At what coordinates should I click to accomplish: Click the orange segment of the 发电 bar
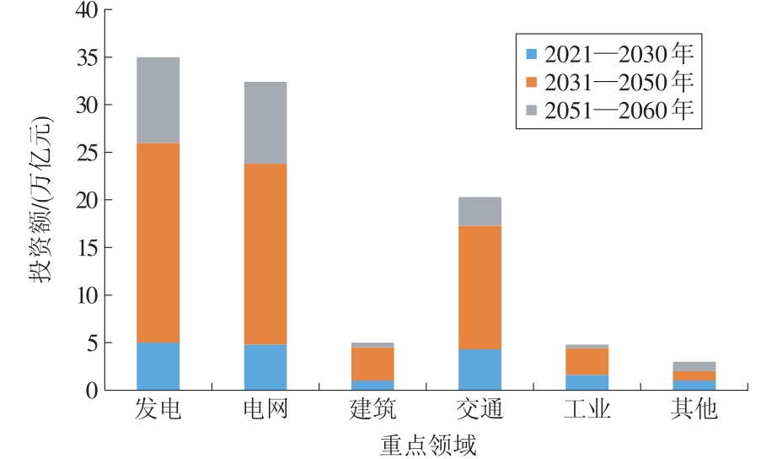(158, 243)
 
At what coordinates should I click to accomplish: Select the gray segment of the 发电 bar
(158, 100)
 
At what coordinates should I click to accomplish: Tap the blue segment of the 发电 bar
(158, 366)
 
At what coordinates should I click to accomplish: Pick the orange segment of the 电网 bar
(265, 254)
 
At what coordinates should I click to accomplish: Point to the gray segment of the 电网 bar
(265, 122)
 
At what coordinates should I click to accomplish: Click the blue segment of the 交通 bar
(480, 370)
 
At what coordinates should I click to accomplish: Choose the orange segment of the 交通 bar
(480, 288)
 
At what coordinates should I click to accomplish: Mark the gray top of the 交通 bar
(480, 211)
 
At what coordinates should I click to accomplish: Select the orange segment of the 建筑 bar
(372, 364)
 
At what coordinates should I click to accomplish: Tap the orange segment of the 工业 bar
(587, 361)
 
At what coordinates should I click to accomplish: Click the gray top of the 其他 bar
(694, 366)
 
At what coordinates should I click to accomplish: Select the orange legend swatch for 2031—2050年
(531, 82)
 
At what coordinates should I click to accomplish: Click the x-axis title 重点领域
(425, 443)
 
